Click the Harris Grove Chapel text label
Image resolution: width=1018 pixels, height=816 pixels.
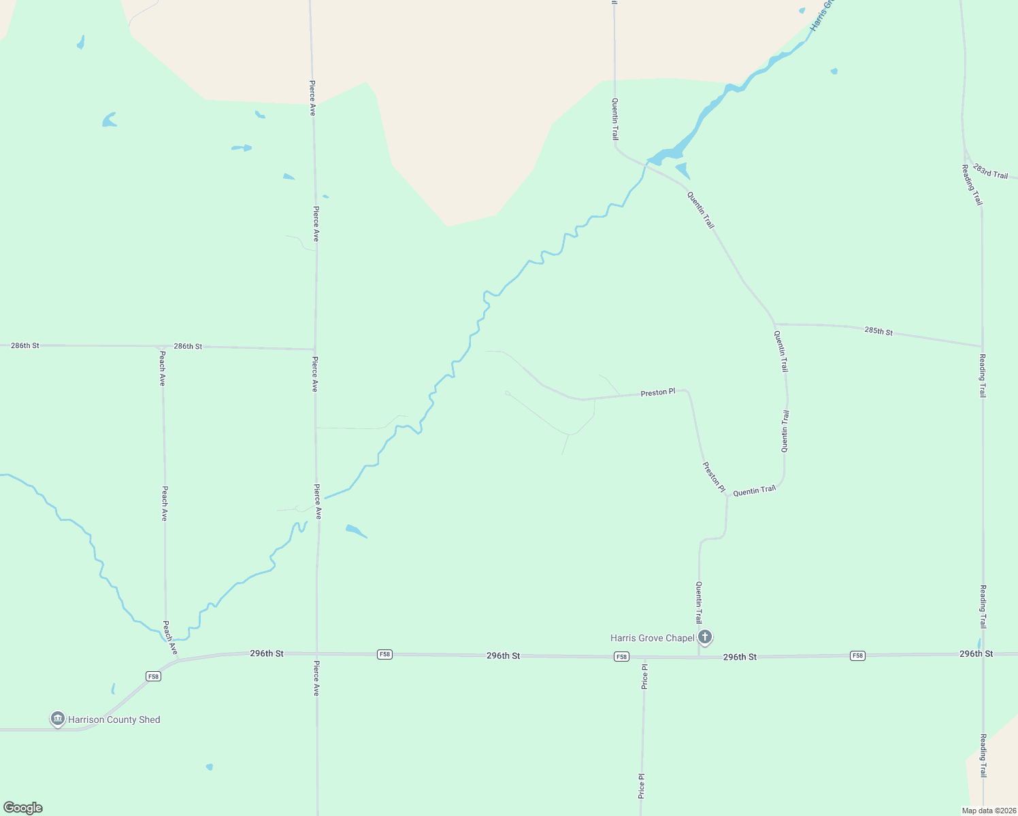(x=652, y=638)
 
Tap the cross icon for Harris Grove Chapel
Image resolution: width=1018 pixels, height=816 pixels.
(x=705, y=637)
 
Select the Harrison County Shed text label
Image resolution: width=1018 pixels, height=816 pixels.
(x=114, y=719)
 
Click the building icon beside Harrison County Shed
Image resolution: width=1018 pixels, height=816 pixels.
(x=58, y=718)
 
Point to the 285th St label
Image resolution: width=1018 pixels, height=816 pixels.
(x=878, y=331)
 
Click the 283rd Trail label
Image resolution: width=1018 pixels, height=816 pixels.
(x=990, y=171)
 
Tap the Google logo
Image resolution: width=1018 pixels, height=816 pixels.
(x=23, y=808)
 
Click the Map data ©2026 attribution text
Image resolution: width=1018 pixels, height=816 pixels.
(x=987, y=811)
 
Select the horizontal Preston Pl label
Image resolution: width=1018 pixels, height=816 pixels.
(x=657, y=392)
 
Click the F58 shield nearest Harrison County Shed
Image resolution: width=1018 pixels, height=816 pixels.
(x=153, y=676)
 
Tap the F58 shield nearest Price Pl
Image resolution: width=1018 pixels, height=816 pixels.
(x=621, y=656)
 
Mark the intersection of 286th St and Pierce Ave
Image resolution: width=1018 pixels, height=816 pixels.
(x=314, y=349)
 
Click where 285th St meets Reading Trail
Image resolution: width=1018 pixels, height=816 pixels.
(x=982, y=346)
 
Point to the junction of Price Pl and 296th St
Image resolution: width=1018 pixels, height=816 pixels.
(x=644, y=658)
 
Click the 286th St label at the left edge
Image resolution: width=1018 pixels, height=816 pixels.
(x=25, y=345)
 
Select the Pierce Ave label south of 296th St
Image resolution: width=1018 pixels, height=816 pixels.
(x=316, y=678)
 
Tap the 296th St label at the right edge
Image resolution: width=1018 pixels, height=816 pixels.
(x=976, y=653)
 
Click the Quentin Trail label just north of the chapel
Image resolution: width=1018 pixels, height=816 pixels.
(x=698, y=602)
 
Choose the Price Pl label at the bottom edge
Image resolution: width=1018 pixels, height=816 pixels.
(x=641, y=785)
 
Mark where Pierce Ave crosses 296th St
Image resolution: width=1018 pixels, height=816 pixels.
(x=316, y=653)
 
